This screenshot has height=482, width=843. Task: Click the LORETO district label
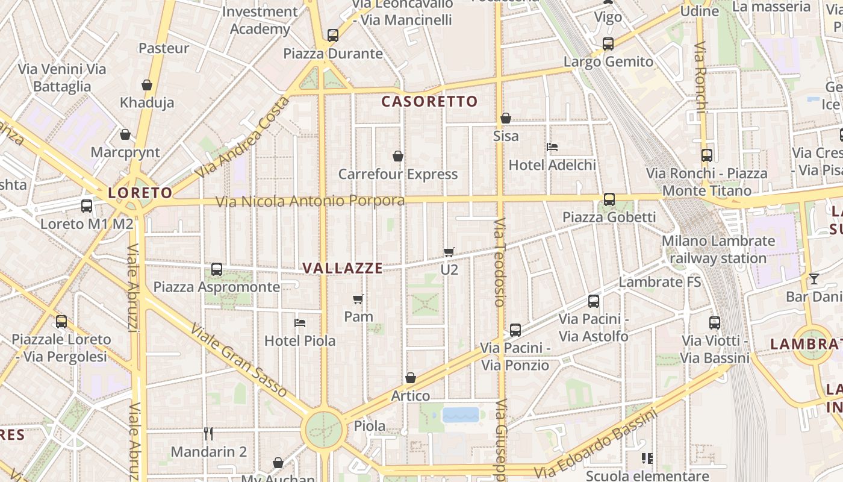[x=140, y=193]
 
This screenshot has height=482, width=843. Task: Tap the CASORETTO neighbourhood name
[x=429, y=101]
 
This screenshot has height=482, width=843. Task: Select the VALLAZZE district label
[x=342, y=268]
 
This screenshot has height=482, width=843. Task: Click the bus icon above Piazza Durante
[x=333, y=36]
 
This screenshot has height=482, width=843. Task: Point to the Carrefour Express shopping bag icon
[x=397, y=157]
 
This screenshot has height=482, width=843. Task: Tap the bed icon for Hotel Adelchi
[x=552, y=147]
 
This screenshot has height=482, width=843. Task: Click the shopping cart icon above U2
[x=449, y=252]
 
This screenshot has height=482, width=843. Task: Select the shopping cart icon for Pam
[x=358, y=299]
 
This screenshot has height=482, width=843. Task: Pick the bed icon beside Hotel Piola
[x=300, y=323]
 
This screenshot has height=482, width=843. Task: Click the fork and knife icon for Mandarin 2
[x=208, y=434]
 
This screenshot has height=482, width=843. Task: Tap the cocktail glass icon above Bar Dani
[x=814, y=278]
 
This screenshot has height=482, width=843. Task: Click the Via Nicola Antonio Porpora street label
[x=310, y=201]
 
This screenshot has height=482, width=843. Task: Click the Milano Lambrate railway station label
[x=718, y=249]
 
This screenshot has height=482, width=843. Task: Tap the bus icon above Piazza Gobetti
[x=609, y=199]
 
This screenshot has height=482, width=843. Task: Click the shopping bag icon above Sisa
[x=506, y=118]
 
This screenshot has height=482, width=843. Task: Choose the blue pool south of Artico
[x=461, y=415]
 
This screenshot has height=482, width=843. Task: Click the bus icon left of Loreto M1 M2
[x=87, y=206]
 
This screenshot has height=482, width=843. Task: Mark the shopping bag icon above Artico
[x=410, y=378]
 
